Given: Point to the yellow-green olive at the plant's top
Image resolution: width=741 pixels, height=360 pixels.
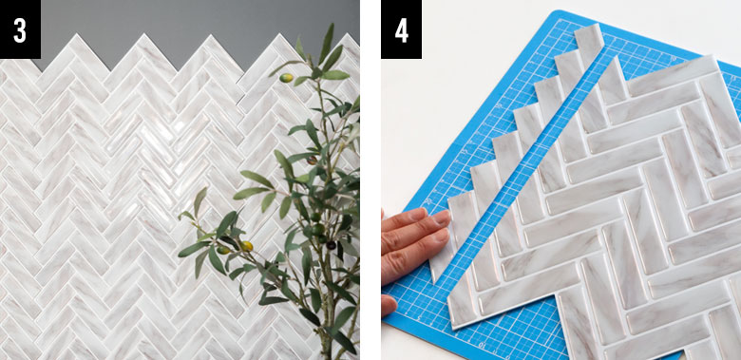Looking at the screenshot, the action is (286, 78).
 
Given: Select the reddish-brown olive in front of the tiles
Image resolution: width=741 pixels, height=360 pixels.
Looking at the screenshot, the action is (312, 161).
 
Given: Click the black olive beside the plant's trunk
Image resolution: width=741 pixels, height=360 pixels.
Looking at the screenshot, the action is (332, 245).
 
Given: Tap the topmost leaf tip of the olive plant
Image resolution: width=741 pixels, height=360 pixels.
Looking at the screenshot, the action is (332, 24).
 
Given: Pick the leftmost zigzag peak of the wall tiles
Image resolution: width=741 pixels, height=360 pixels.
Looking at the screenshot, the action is (73, 34).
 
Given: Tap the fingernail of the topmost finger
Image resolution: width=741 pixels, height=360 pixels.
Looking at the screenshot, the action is (442, 218).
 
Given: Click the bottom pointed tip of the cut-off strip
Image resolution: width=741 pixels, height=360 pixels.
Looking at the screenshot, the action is (435, 283).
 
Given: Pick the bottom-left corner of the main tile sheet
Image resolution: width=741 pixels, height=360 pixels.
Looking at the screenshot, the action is (453, 327).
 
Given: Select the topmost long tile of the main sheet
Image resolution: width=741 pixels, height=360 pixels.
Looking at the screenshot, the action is (673, 76).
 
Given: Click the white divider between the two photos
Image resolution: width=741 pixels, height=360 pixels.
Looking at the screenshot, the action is (370, 180).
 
